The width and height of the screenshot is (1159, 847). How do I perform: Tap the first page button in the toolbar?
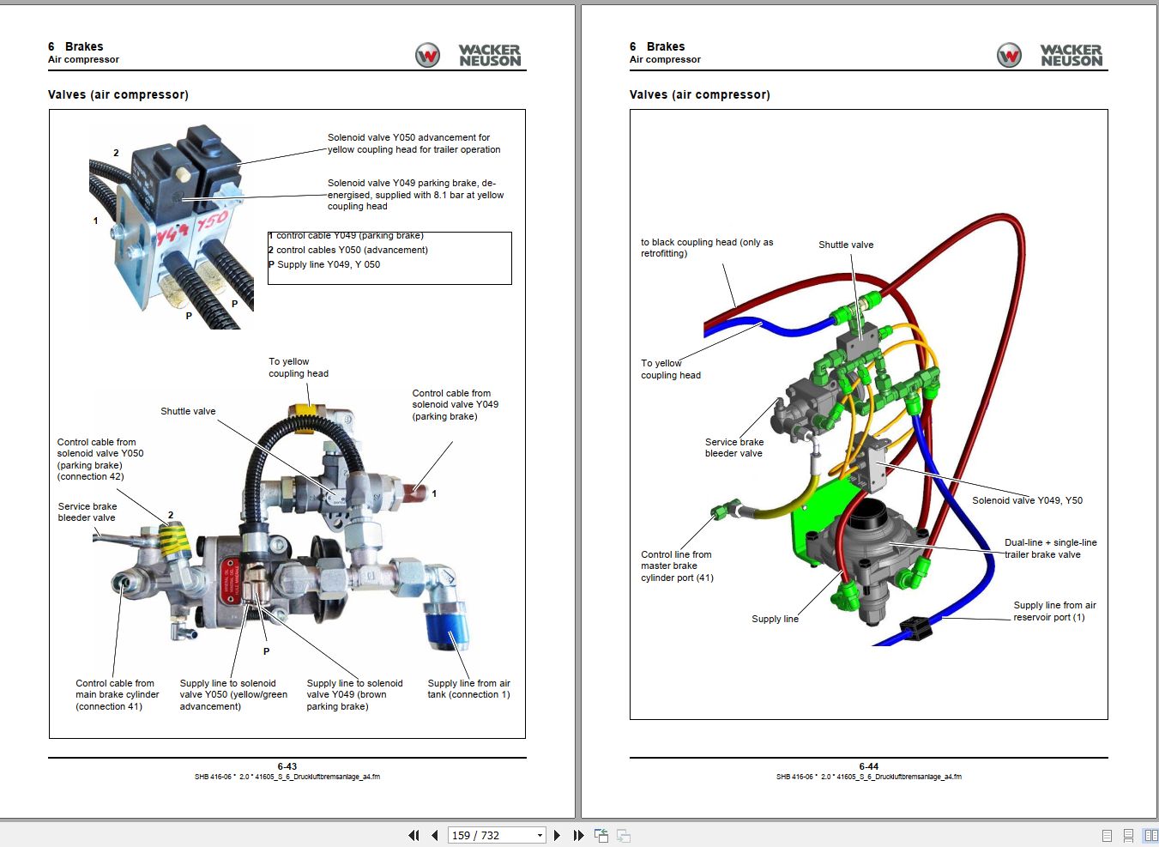413,835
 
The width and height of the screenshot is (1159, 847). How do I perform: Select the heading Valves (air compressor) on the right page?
699,94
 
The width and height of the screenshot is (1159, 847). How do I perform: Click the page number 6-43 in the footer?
287,766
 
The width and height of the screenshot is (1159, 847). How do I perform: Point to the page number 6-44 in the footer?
868,766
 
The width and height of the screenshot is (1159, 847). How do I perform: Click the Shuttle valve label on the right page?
846,245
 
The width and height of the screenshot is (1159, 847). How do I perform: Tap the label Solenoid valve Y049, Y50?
1027,500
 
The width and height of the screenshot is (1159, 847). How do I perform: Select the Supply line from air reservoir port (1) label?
1054,611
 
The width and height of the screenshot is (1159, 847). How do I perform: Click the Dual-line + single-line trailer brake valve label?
1050,548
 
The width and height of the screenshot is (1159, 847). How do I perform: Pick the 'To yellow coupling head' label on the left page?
298,367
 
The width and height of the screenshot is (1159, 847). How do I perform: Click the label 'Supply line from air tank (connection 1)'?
468,689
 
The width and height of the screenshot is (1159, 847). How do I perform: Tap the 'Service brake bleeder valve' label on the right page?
733,447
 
